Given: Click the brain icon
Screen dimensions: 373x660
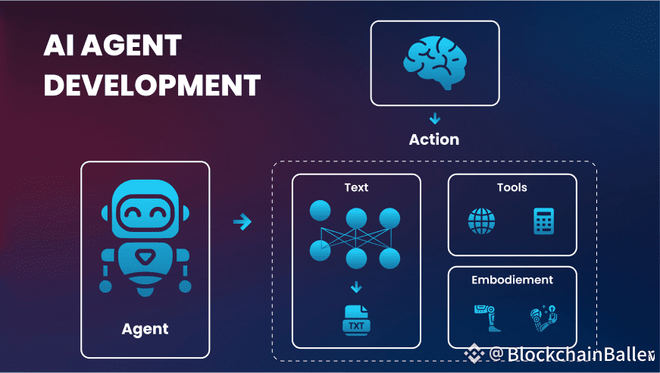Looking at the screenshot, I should pos(434,61).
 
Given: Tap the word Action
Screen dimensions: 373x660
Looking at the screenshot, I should pos(434,139).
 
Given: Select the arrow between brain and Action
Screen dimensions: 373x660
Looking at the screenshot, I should pos(434,118).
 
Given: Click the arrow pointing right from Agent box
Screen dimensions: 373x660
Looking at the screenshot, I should pos(242,222).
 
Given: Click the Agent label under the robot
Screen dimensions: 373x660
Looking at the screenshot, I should pos(145,329).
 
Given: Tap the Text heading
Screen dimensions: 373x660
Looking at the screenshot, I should pos(355,186).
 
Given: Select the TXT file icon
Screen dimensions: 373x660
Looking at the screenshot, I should pos(355,321).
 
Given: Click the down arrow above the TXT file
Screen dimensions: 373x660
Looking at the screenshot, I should pos(355,288).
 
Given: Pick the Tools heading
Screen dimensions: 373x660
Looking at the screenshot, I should pos(511,187).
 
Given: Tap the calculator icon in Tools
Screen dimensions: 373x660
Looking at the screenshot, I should pos(543,221).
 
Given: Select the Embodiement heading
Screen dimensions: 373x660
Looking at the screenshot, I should pos(512,280).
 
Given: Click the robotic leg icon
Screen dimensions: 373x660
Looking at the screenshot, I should pos(483,318).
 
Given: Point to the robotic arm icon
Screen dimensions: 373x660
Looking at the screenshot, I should pos(543,318).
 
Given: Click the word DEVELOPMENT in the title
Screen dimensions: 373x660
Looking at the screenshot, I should pos(152,85).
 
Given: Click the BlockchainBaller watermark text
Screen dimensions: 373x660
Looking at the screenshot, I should pos(579,354).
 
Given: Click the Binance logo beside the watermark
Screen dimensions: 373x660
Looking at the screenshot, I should pos(475,354).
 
